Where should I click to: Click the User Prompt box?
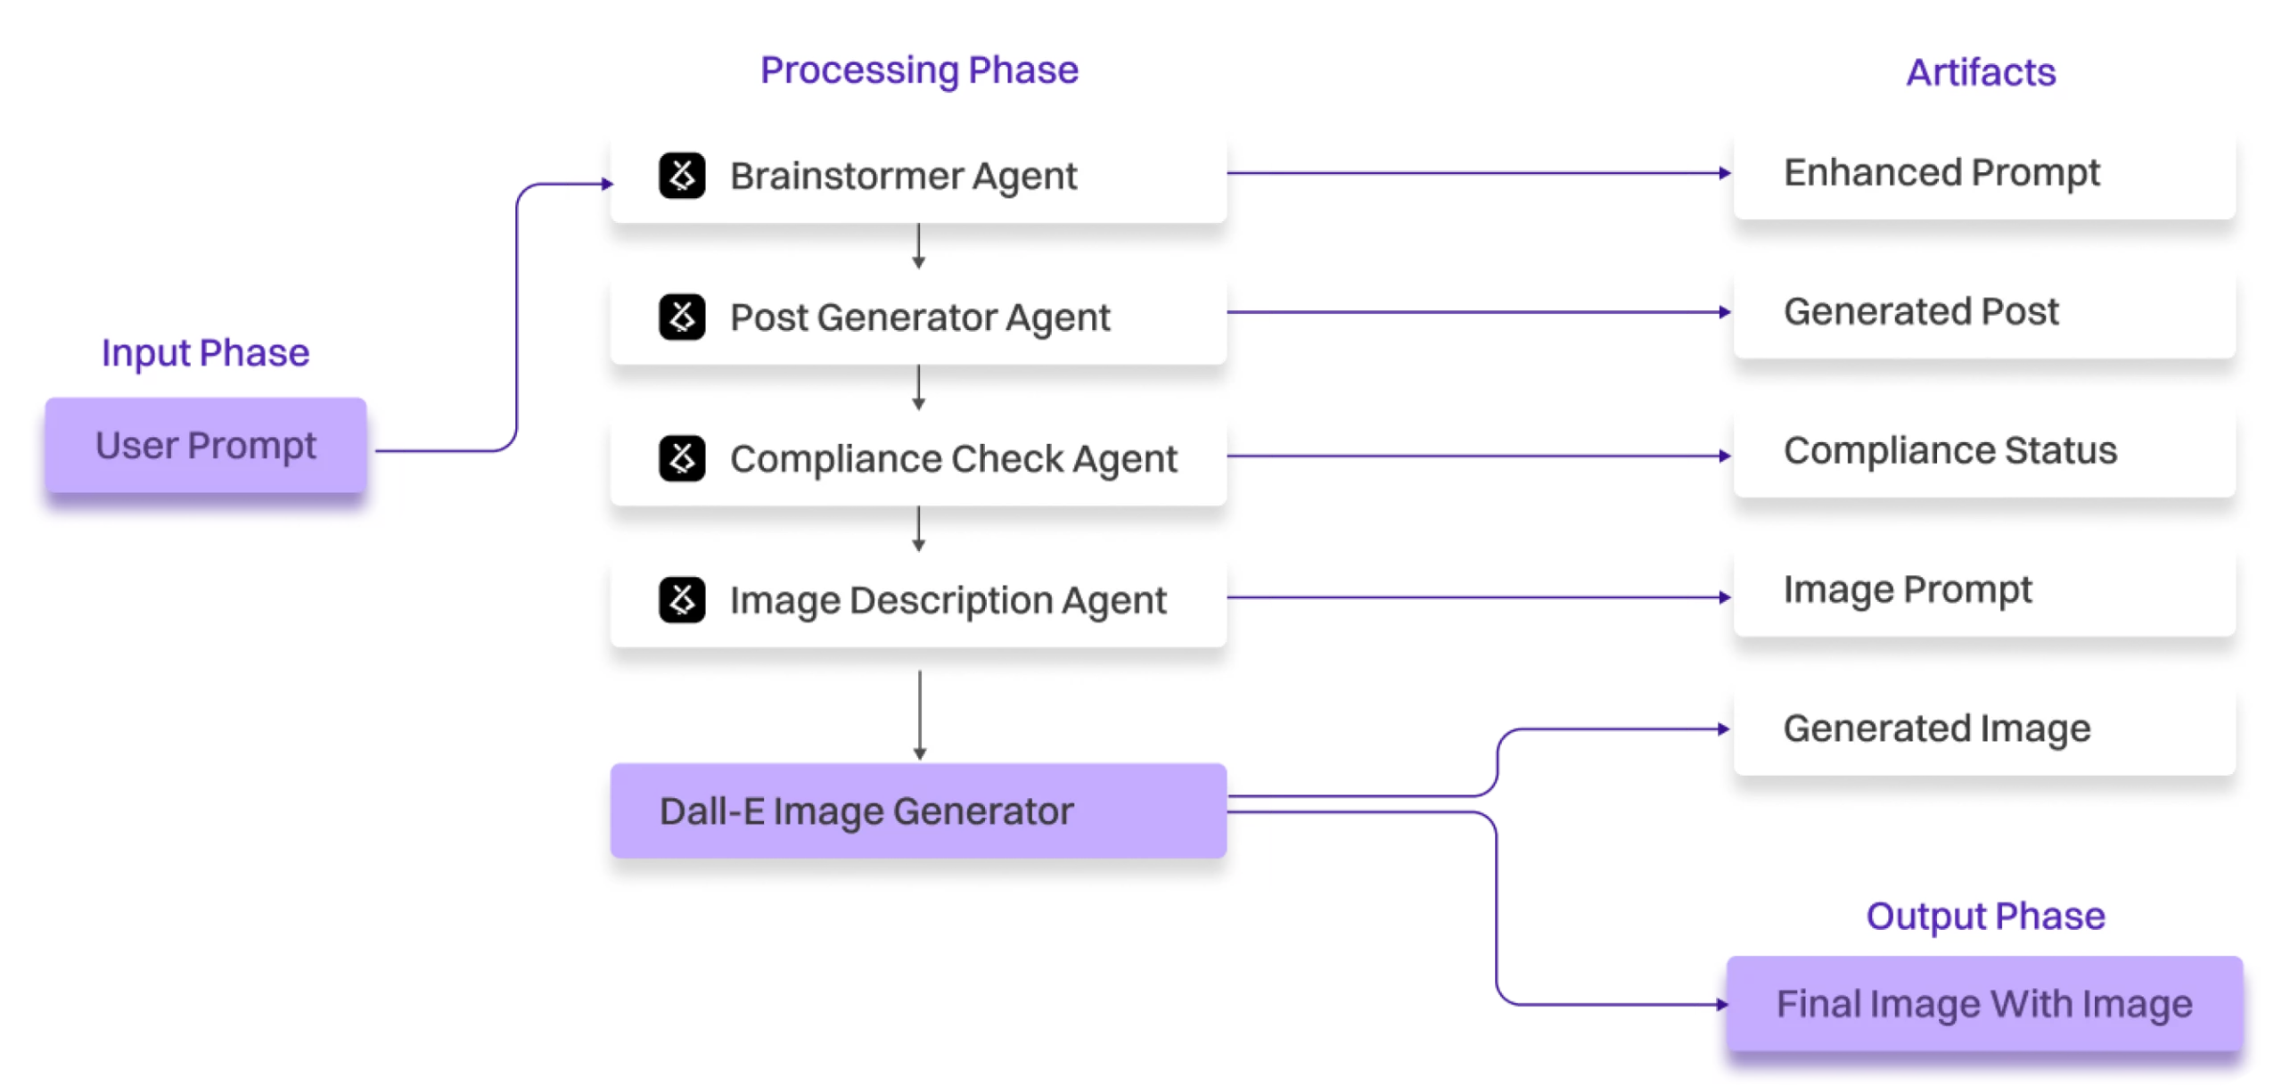pos(206,445)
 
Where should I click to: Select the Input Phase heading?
pos(205,353)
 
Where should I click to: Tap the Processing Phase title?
pos(919,70)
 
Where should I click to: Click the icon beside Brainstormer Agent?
pos(682,176)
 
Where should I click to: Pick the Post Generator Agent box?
pos(918,317)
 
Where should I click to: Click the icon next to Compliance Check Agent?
pos(682,458)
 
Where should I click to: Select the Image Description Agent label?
pos(948,600)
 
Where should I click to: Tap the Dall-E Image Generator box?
pos(918,811)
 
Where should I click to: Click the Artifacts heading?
pos(1981,73)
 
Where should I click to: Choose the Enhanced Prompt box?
pos(1984,173)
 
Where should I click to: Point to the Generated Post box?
pos(1984,312)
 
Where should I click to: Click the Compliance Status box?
pos(1984,451)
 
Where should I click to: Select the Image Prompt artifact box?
pos(1984,590)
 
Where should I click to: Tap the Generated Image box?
pos(1984,729)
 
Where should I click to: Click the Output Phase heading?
pos(1985,917)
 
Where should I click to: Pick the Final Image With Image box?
pos(1984,1004)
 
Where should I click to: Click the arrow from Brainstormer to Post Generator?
pos(918,247)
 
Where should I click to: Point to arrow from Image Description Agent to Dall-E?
pos(920,713)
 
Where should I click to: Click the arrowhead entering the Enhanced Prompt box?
pos(1725,173)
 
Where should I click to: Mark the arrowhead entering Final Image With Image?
pos(1721,1005)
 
